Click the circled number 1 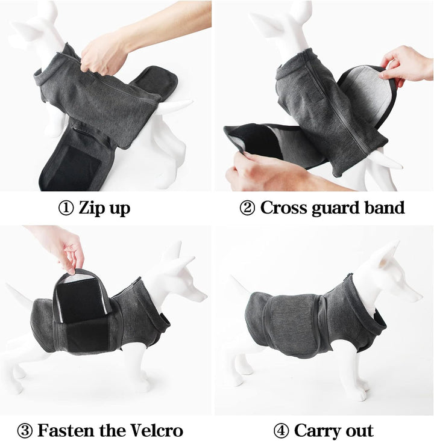click(66, 208)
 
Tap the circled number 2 click(247, 208)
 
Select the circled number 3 click(25, 431)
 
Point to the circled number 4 click(281, 431)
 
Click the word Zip click(91, 208)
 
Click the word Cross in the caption click(283, 208)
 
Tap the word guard click(335, 209)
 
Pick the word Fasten click(66, 430)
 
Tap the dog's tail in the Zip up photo click(175, 106)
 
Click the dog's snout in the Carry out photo click(413, 295)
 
